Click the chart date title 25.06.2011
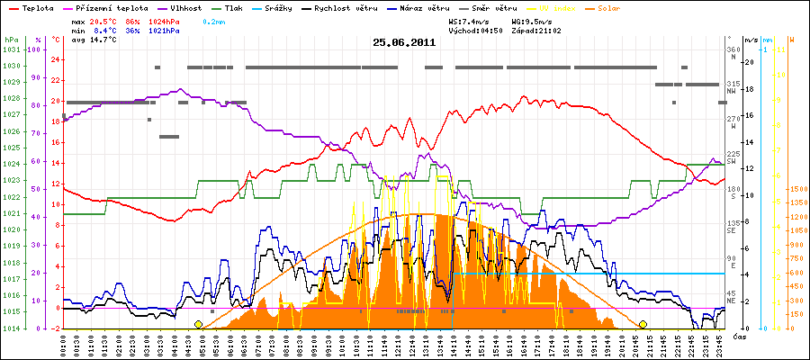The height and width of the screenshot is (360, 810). (x=404, y=42)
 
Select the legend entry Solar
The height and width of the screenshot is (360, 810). (x=678, y=7)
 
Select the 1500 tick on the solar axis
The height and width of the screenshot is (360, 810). (x=796, y=190)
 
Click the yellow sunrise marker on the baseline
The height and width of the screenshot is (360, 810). (x=198, y=324)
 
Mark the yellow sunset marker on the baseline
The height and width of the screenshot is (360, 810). (x=643, y=324)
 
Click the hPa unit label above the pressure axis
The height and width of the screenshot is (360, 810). (x=11, y=40)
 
